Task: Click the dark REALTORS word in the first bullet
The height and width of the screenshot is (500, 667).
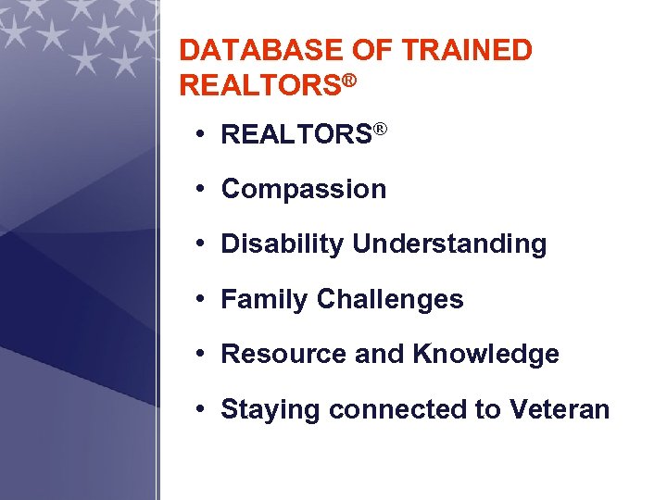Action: click(296, 135)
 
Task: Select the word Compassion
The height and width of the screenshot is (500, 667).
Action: click(304, 190)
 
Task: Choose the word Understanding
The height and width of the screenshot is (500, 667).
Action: click(449, 244)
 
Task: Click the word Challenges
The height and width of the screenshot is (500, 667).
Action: click(390, 299)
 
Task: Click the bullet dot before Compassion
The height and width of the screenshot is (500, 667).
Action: click(200, 190)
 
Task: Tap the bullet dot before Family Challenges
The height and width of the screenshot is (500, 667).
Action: click(200, 299)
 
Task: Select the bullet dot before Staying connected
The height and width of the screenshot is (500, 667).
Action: click(200, 409)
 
